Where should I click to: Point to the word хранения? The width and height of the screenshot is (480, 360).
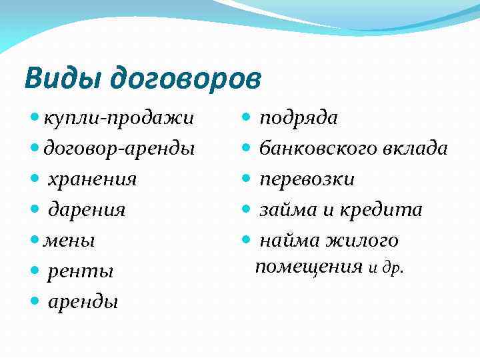point(92,179)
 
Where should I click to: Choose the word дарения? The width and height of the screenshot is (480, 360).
point(87,210)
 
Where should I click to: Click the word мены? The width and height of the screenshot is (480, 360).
point(69,241)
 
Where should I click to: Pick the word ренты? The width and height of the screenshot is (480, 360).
point(81,271)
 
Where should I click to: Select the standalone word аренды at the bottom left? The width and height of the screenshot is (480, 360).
point(83,302)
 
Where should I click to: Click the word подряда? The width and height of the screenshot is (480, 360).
point(298,118)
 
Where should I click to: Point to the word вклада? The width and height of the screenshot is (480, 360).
point(415,149)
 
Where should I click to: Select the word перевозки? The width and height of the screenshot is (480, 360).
point(307,179)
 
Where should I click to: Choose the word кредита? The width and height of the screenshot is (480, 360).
point(382,210)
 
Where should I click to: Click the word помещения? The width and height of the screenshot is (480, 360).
point(309,267)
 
